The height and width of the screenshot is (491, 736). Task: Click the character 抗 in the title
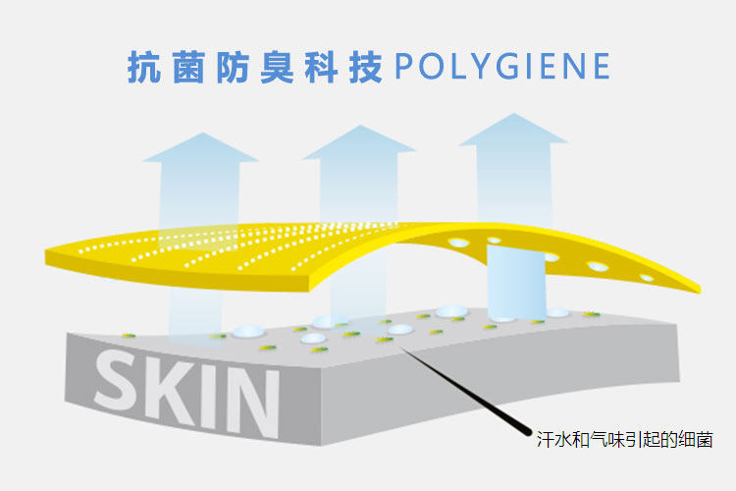click(x=144, y=66)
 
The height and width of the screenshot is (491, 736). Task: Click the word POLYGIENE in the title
click(x=501, y=66)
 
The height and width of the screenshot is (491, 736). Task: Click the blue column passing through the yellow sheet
click(x=516, y=280)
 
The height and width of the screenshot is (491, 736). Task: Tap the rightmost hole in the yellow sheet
click(x=647, y=278)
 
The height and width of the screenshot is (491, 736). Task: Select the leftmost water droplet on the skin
click(x=244, y=331)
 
